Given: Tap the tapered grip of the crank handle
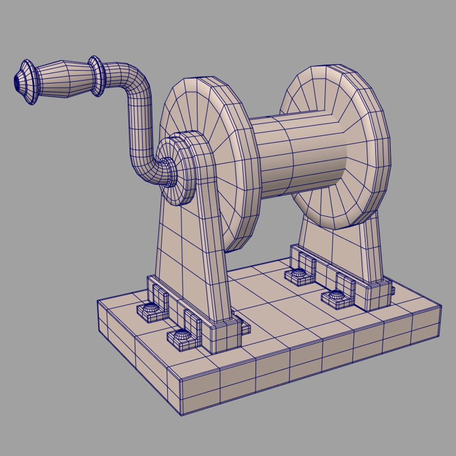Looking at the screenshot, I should [x=63, y=79].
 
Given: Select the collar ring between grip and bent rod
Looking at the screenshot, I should [x=96, y=76].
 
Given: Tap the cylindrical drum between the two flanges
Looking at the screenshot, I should [x=296, y=156].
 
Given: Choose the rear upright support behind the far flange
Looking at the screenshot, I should [x=338, y=249].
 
